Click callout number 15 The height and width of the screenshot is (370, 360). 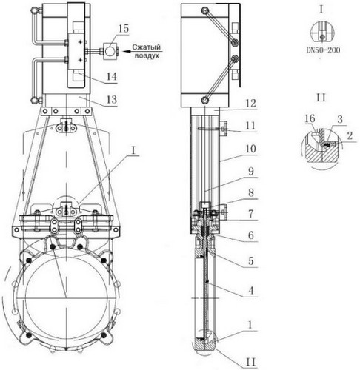pyautogui.click(x=123, y=29)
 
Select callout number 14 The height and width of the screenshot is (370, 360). pyautogui.click(x=111, y=77)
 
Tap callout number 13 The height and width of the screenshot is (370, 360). pyautogui.click(x=112, y=100)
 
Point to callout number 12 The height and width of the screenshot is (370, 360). pyautogui.click(x=250, y=103)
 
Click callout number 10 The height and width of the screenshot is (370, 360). pyautogui.click(x=250, y=149)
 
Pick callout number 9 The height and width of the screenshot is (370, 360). pyautogui.click(x=251, y=171)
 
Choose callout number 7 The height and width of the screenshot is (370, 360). pyautogui.click(x=251, y=214)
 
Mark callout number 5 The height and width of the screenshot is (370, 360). pyautogui.click(x=251, y=260)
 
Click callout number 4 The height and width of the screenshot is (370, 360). pyautogui.click(x=251, y=291)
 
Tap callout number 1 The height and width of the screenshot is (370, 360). pyautogui.click(x=250, y=325)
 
